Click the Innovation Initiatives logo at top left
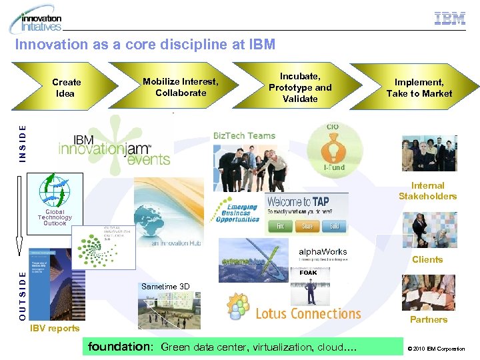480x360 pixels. click(37, 20)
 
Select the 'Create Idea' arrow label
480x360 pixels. click(66, 87)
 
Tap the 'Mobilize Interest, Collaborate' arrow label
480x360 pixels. click(180, 87)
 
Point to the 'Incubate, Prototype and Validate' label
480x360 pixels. click(300, 87)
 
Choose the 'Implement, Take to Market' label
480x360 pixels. click(419, 87)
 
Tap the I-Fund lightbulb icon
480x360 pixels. click(335, 149)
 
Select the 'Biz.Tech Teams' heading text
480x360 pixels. click(244, 135)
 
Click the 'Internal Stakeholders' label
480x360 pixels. click(427, 191)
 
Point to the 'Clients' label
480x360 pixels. click(427, 259)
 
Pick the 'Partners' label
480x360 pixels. click(429, 319)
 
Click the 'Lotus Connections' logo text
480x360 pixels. click(308, 313)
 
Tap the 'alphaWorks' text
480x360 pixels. click(323, 251)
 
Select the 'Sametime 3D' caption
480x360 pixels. click(165, 287)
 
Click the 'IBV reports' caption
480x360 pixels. click(55, 328)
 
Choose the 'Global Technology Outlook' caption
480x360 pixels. click(55, 217)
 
